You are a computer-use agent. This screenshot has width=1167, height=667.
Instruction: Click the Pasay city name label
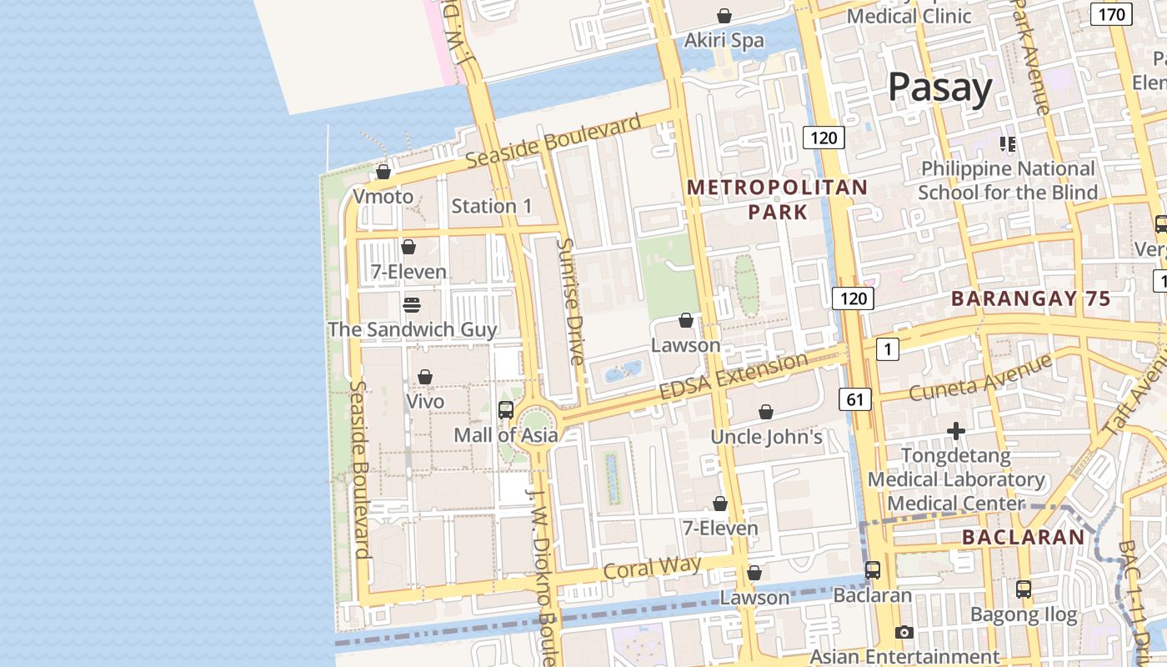tap(939, 88)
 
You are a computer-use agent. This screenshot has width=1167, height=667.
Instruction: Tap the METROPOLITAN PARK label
tap(777, 199)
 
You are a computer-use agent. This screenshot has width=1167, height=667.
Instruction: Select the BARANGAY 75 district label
tap(1030, 298)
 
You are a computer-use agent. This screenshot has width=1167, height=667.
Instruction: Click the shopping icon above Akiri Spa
tap(724, 16)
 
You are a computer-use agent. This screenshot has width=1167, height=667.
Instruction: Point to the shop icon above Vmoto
tap(383, 172)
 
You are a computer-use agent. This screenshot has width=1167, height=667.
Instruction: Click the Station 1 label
tap(491, 206)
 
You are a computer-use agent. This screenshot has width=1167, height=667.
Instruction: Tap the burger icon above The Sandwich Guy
tap(411, 305)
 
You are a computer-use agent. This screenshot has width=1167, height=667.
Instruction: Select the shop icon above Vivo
tap(425, 377)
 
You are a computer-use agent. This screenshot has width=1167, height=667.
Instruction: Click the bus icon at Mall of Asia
tap(505, 409)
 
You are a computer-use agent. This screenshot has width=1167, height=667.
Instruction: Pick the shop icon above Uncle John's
tap(766, 412)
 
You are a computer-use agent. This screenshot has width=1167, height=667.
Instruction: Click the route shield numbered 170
tap(1111, 14)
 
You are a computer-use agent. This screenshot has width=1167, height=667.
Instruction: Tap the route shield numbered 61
tap(855, 399)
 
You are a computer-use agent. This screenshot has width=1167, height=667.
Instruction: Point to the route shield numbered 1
tap(888, 349)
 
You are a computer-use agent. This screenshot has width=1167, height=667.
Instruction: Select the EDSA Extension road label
tap(733, 376)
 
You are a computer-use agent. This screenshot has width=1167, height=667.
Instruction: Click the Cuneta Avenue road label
tap(979, 377)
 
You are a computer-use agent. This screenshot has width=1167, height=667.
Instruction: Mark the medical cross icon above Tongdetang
tap(956, 431)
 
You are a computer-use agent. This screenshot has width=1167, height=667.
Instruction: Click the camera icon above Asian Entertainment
tap(904, 633)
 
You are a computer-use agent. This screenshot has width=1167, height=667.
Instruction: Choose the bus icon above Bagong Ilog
tap(1024, 589)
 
